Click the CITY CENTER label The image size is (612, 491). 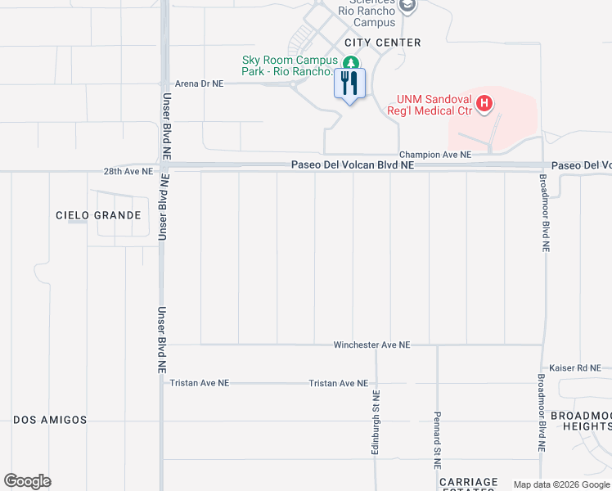pyautogui.click(x=382, y=43)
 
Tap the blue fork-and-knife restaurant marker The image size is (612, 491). pyautogui.click(x=350, y=84)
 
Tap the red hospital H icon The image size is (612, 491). pyautogui.click(x=484, y=103)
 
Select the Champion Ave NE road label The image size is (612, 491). pyautogui.click(x=435, y=155)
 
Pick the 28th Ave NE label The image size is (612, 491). pyautogui.click(x=128, y=172)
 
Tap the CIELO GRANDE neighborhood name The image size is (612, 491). pyautogui.click(x=98, y=215)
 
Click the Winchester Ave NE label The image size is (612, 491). pyautogui.click(x=371, y=345)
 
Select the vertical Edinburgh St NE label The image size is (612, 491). pyautogui.click(x=376, y=422)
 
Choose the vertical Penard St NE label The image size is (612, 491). pyautogui.click(x=438, y=439)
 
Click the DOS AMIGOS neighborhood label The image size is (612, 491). pyautogui.click(x=50, y=420)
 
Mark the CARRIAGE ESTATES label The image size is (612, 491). pyautogui.click(x=467, y=483)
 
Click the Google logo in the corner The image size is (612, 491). pyautogui.click(x=28, y=481)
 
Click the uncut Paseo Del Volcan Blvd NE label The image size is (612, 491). pyautogui.click(x=353, y=165)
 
